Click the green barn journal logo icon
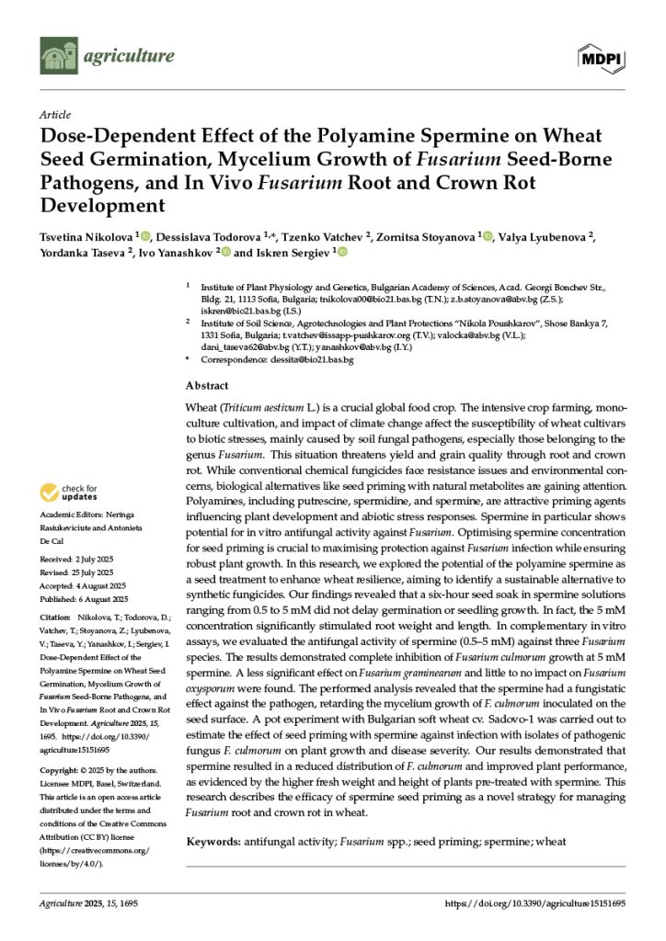click(58, 55)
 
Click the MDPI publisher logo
click(601, 59)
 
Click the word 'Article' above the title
click(55, 115)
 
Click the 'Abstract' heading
click(207, 387)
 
